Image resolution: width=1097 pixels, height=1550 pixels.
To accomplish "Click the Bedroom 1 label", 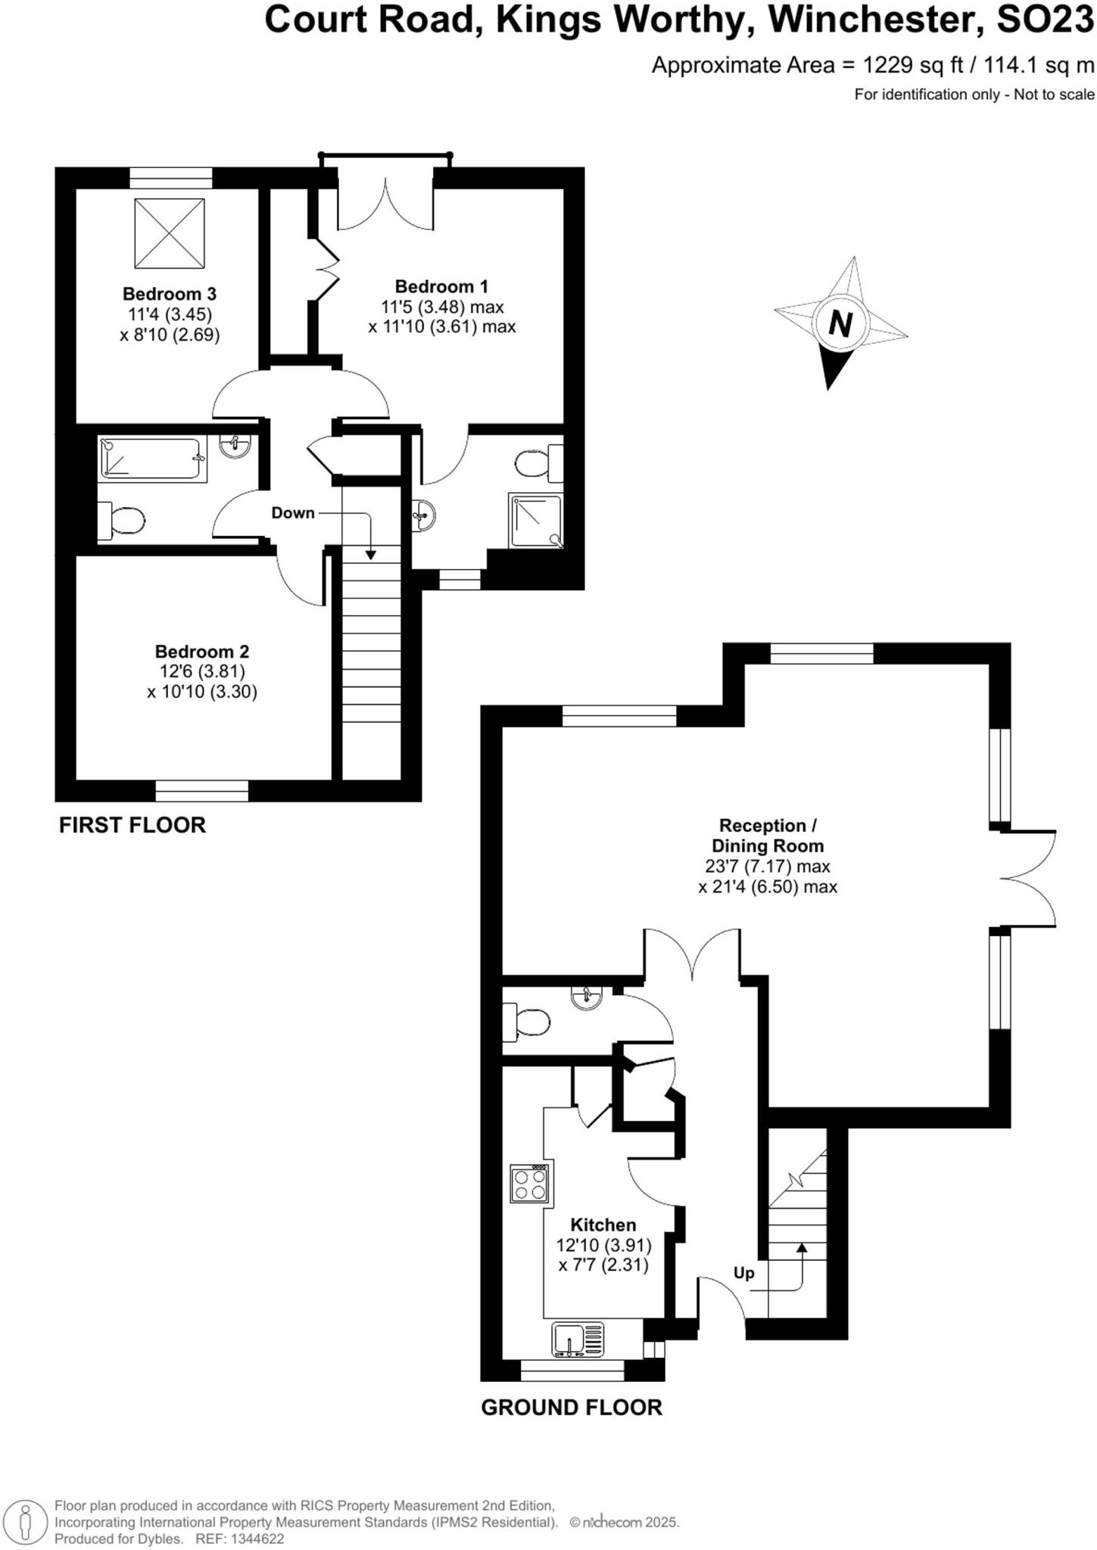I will pyautogui.click(x=441, y=287).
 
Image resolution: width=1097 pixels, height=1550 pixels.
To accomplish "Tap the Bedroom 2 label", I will pyautogui.click(x=201, y=652).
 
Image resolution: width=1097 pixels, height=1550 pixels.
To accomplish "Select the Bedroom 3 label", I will pyautogui.click(x=170, y=294).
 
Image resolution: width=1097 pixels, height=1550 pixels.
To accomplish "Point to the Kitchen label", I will pyautogui.click(x=603, y=1225).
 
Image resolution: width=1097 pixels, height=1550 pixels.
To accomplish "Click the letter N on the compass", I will pyautogui.click(x=840, y=324).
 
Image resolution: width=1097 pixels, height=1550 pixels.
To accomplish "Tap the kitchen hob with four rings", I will pyautogui.click(x=530, y=1183).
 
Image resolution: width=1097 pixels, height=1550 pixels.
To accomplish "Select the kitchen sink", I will pyautogui.click(x=578, y=1338).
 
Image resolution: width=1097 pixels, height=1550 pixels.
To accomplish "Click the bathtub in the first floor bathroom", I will pyautogui.click(x=152, y=459).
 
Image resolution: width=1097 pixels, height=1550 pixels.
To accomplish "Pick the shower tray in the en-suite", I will pyautogui.click(x=536, y=521).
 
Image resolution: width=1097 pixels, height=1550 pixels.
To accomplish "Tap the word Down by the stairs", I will pyautogui.click(x=293, y=513).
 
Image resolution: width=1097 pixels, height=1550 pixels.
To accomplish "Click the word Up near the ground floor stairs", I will pyautogui.click(x=743, y=1273).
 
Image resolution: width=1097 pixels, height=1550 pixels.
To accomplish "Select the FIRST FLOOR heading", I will pyautogui.click(x=132, y=825).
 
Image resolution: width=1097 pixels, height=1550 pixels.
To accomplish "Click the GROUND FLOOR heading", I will pyautogui.click(x=572, y=1408).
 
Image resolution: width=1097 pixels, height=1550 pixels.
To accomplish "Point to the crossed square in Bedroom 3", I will pyautogui.click(x=170, y=233).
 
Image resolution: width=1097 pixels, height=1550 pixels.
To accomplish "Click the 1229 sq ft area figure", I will pyautogui.click(x=913, y=66).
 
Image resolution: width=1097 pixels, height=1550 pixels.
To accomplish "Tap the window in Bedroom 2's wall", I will pyautogui.click(x=202, y=791).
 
